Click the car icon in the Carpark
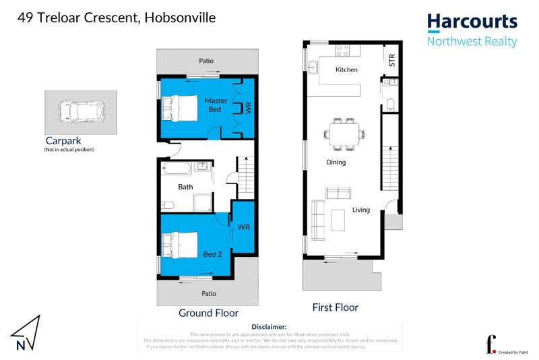78,111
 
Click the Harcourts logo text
472,21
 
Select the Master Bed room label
216,105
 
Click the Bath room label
186,187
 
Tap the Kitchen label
346,70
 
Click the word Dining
336,162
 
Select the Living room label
361,210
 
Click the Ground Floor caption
208,313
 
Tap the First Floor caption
335,307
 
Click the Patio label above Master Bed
206,61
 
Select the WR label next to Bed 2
243,227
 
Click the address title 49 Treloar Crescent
116,18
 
